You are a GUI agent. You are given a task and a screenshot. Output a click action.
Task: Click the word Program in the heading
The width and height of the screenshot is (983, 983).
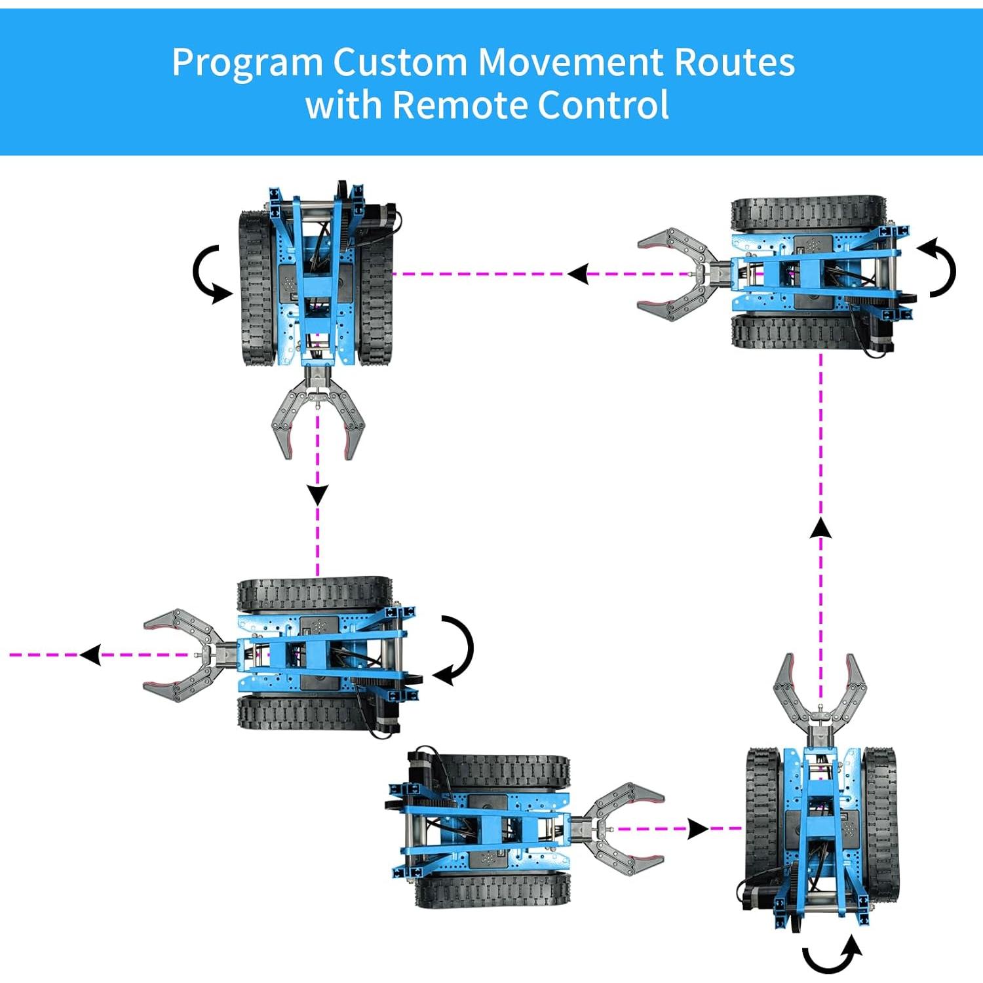click(x=247, y=64)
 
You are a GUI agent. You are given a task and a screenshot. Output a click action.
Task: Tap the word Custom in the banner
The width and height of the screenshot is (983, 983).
click(x=400, y=62)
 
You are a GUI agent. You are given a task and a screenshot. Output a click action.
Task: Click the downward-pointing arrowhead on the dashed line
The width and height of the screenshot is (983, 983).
click(x=318, y=494)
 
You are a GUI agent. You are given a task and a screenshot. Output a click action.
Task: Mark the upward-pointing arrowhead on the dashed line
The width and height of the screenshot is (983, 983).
click(x=820, y=528)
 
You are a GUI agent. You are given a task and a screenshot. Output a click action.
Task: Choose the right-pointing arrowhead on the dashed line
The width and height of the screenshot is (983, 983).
click(x=697, y=829)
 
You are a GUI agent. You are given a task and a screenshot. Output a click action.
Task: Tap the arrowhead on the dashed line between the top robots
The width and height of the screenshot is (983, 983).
click(x=579, y=274)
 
